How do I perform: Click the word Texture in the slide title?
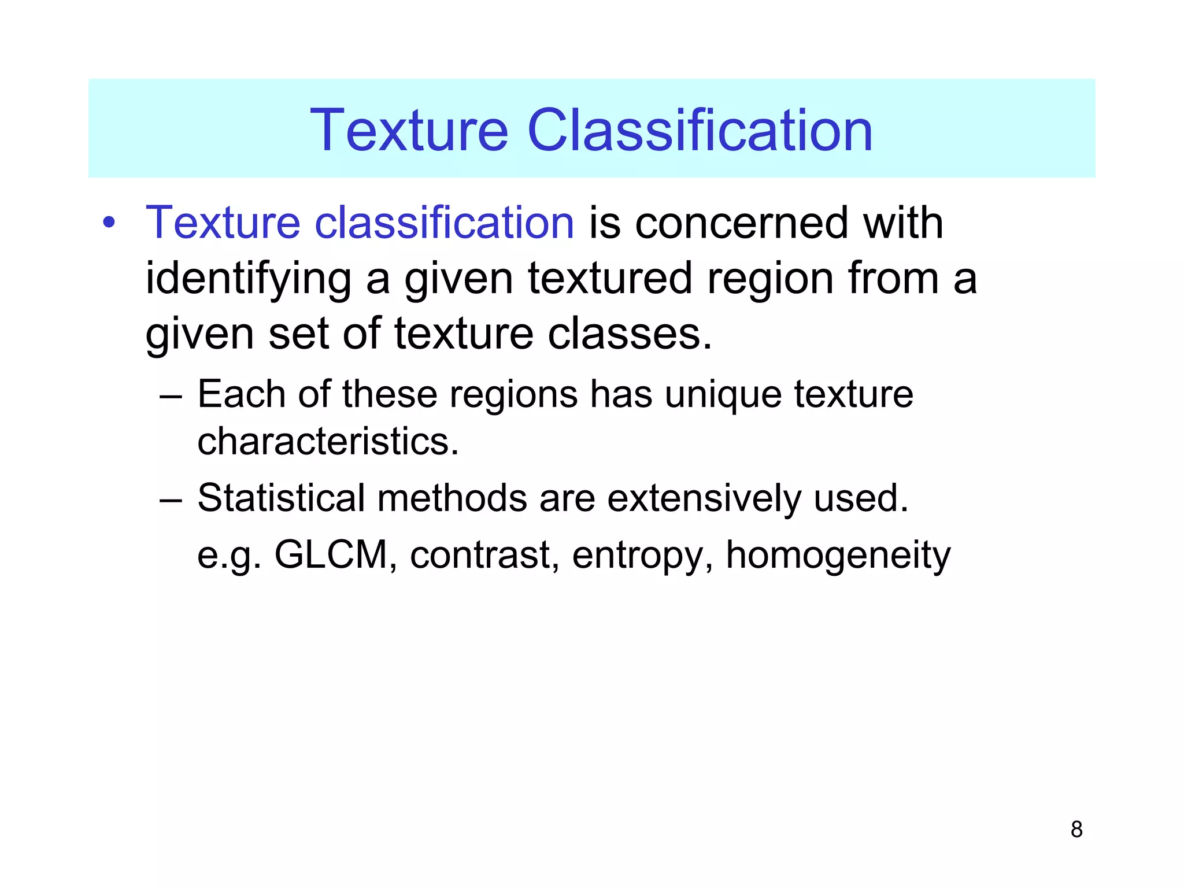(x=409, y=131)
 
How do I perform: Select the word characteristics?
(x=328, y=442)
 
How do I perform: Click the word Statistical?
(x=282, y=498)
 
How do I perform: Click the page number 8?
(x=1076, y=830)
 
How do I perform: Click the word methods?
(x=452, y=498)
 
